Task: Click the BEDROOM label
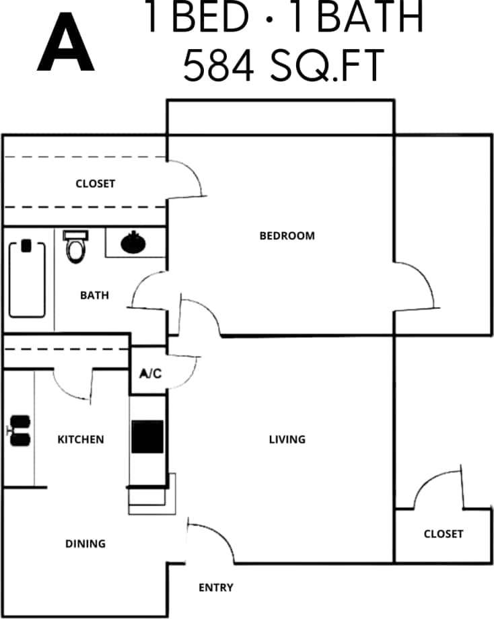click(287, 235)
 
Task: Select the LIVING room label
click(287, 439)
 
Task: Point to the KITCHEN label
click(81, 439)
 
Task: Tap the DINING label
click(85, 544)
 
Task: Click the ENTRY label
click(216, 587)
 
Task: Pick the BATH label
click(94, 295)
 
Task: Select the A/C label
click(150, 373)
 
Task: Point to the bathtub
click(27, 278)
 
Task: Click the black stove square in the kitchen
click(147, 437)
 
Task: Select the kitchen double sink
click(20, 431)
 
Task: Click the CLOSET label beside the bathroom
click(95, 184)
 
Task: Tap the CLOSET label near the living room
click(444, 534)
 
